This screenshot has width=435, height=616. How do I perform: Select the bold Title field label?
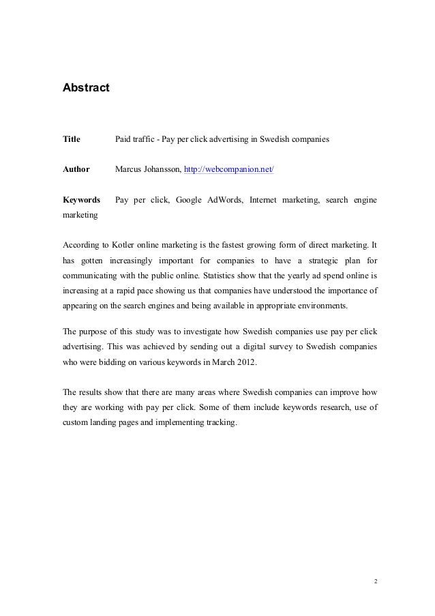(x=72, y=140)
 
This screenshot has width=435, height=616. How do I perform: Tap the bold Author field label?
(x=76, y=169)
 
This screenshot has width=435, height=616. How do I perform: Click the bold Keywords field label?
(x=81, y=200)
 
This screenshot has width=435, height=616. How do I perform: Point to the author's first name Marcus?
(x=129, y=169)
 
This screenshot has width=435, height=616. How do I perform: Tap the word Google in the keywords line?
(x=190, y=200)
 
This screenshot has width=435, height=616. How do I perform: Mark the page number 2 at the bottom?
(x=374, y=583)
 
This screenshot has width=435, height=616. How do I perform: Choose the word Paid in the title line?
(x=123, y=140)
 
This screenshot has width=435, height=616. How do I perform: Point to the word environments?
(x=320, y=306)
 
